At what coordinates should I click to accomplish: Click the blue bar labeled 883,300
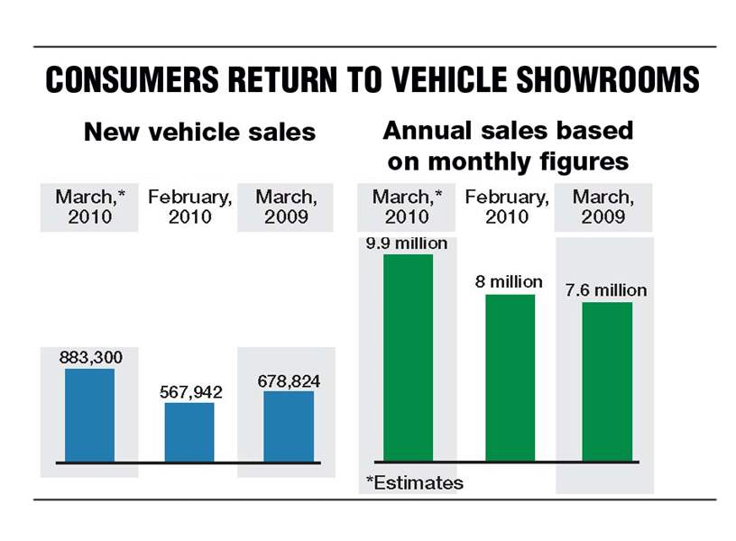click(x=89, y=415)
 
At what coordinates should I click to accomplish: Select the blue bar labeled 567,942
click(x=189, y=432)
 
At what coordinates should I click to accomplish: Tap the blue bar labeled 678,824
click(x=289, y=426)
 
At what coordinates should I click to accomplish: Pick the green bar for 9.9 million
click(x=408, y=357)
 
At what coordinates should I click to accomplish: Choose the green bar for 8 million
click(x=510, y=377)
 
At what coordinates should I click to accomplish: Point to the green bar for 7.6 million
click(x=607, y=381)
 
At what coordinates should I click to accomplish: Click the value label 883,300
click(x=91, y=357)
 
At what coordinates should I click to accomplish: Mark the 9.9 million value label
click(x=406, y=243)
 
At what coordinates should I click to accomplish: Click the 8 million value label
click(x=510, y=282)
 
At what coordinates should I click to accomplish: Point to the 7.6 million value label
click(x=606, y=290)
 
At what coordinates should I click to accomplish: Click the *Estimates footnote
click(x=415, y=483)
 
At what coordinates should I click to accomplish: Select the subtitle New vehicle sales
click(x=199, y=132)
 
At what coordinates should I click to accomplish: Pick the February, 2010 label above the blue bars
click(x=189, y=206)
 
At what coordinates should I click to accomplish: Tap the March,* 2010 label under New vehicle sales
click(x=90, y=206)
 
